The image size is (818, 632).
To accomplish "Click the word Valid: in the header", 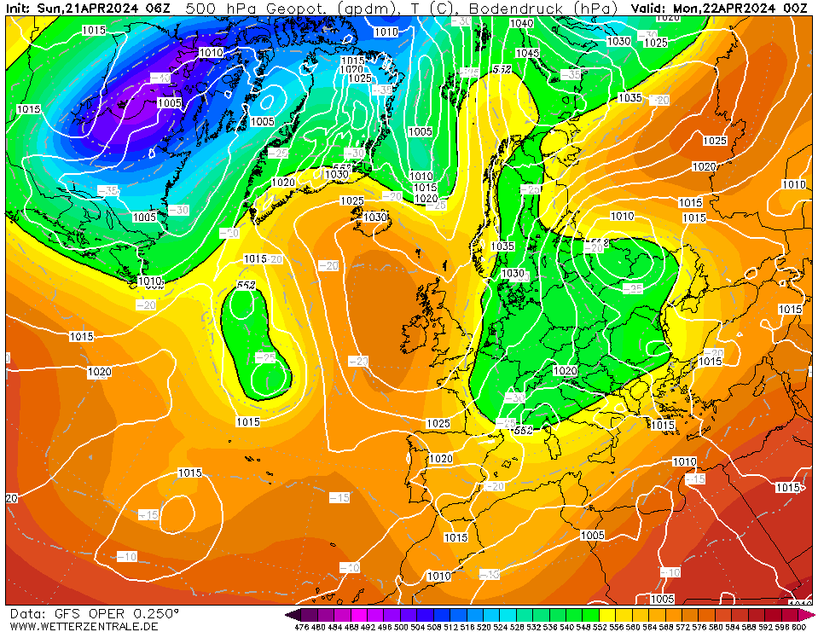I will [x=651, y=9].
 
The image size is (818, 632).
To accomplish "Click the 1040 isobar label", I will [x=521, y=23].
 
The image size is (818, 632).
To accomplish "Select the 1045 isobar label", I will [x=527, y=53].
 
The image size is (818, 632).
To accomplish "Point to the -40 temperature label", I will [x=160, y=78].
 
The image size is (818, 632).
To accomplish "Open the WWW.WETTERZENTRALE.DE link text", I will [x=84, y=627].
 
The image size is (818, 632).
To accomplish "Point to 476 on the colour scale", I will [x=301, y=627].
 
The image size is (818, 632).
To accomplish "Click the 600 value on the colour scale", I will [x=798, y=627].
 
